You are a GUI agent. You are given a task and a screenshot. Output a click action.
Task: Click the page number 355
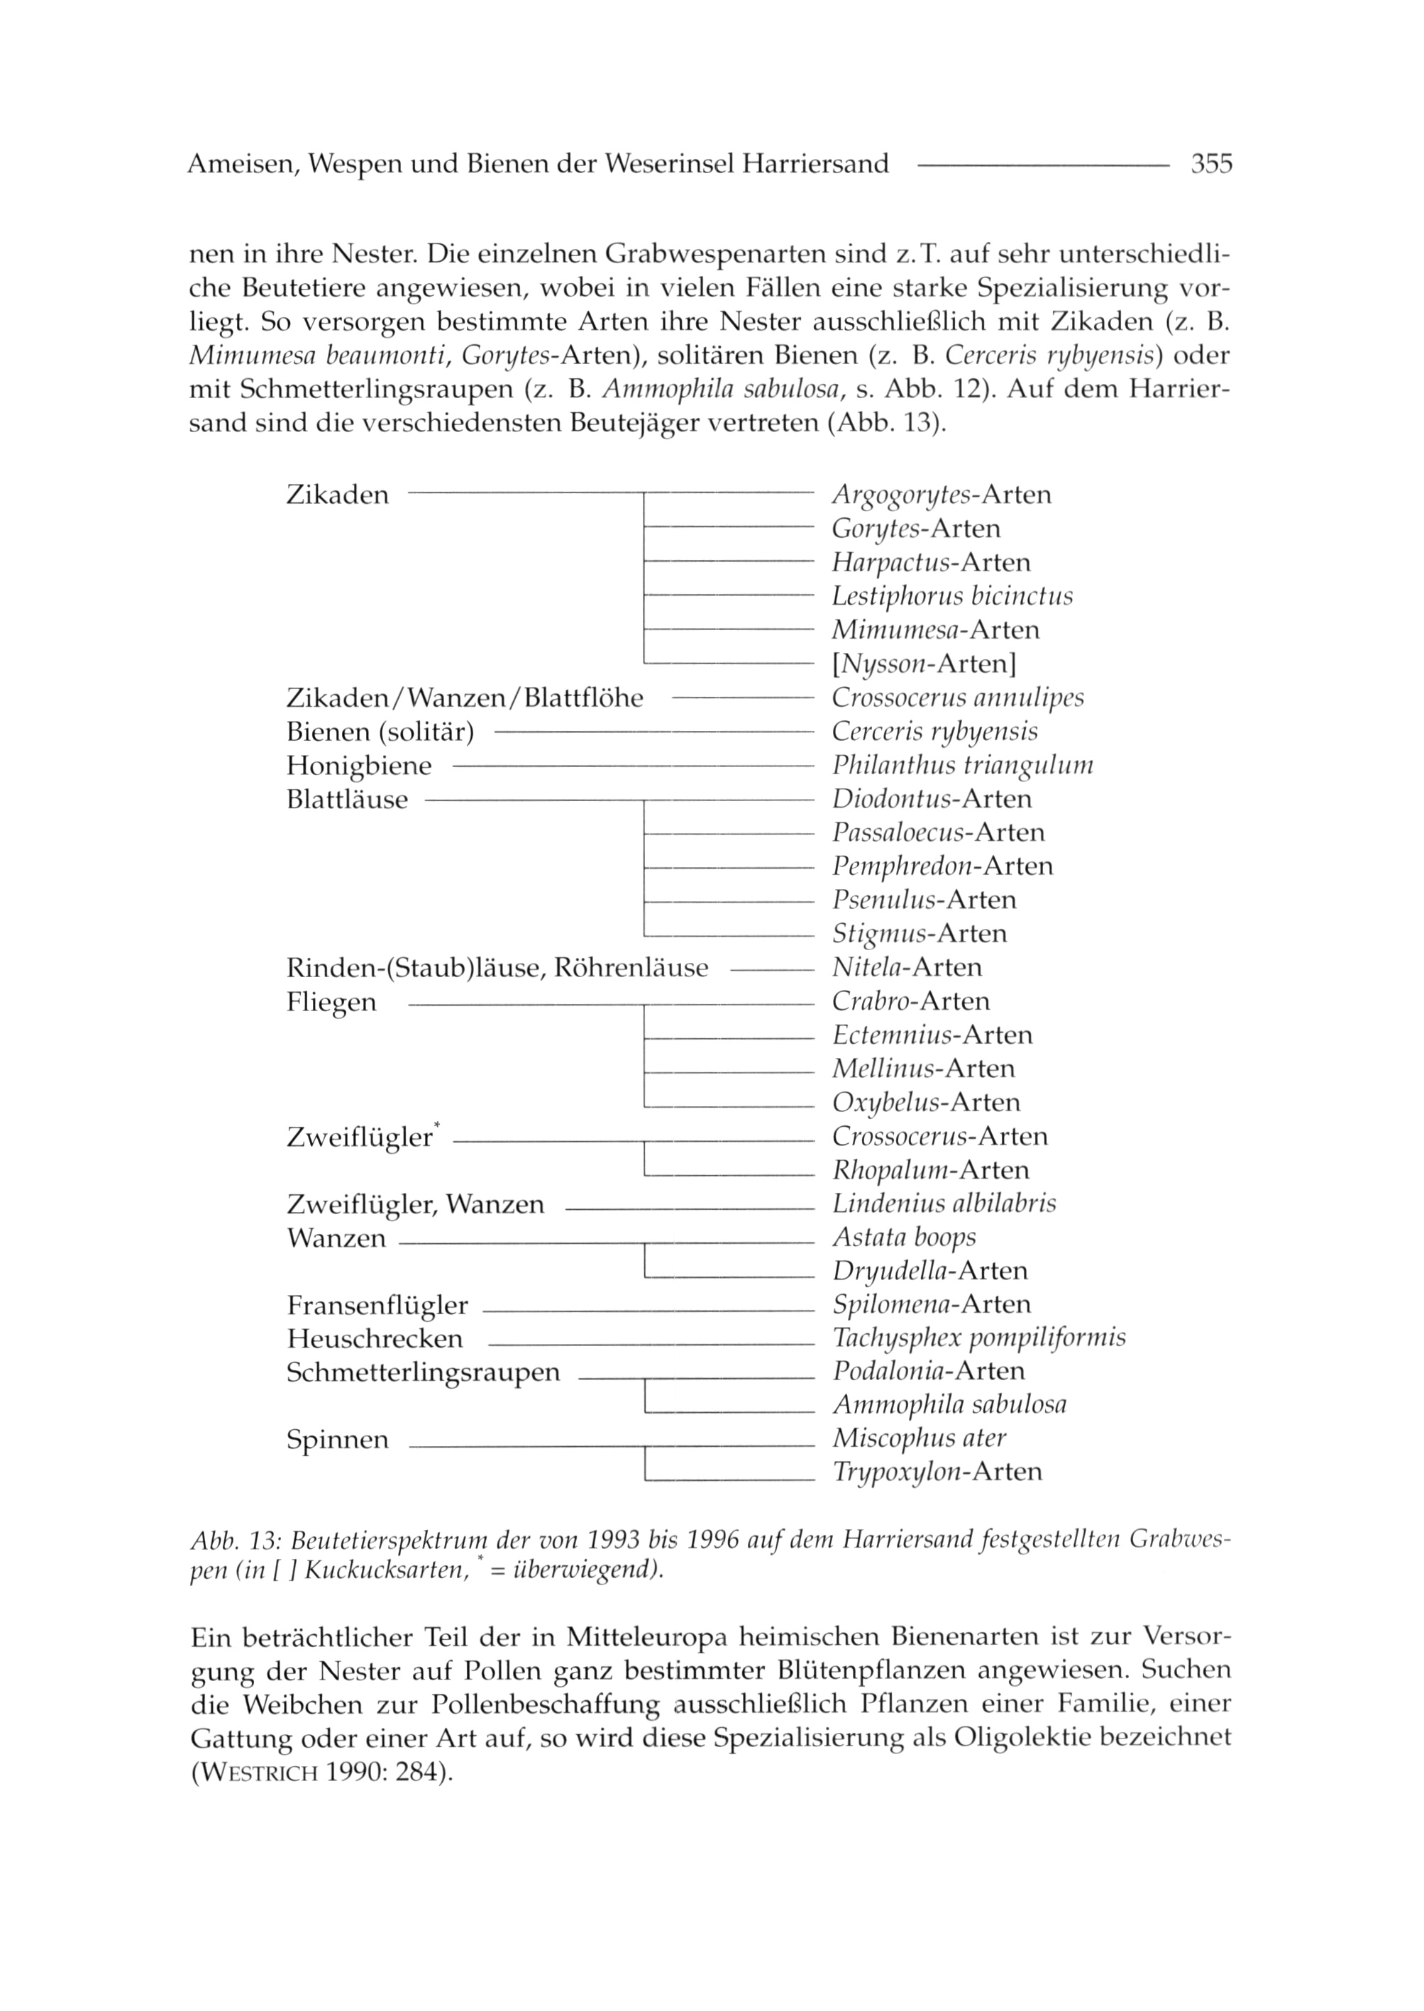1211,164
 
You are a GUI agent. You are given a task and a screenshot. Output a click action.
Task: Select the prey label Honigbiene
358,766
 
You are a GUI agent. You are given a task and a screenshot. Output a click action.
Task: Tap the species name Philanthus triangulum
962,766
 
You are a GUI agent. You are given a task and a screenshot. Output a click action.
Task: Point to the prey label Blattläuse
346,800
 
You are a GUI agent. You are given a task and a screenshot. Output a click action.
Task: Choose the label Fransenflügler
377,1306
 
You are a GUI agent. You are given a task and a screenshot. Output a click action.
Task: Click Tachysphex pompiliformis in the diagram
978,1338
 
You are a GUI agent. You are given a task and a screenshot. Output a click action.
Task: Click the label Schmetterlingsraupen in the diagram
423,1372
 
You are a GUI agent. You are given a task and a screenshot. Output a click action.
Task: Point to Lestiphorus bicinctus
952,597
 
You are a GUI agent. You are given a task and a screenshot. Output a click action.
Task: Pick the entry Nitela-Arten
907,968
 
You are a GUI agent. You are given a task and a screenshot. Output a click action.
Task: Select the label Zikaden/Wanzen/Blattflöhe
465,699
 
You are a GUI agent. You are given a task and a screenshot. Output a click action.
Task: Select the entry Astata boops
904,1238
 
